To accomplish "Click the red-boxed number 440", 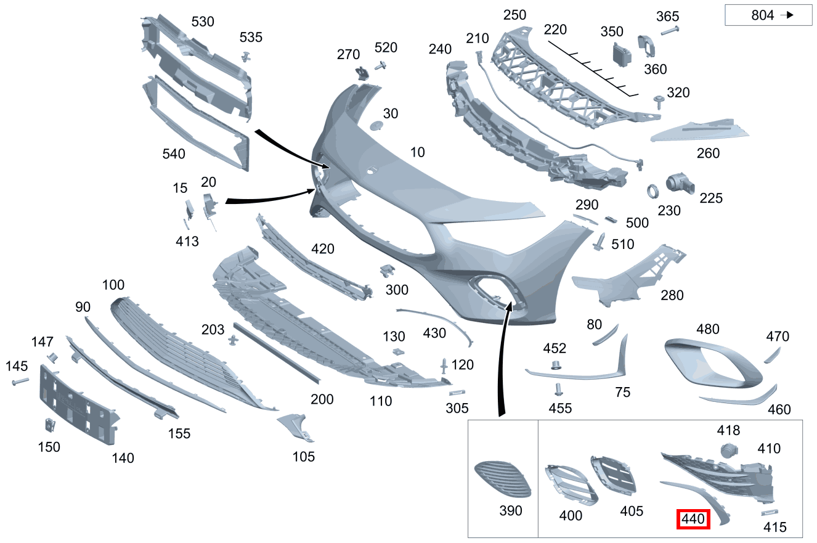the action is point(693,519).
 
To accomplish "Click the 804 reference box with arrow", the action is point(768,15).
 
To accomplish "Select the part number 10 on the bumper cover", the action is point(418,152).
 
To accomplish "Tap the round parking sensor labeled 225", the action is point(680,184).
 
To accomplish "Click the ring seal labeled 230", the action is point(652,191).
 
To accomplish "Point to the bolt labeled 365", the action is point(670,31).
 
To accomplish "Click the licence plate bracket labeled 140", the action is point(78,405).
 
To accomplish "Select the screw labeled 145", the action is point(20,382).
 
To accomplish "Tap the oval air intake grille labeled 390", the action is point(503,478).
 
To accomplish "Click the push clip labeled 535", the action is point(246,57).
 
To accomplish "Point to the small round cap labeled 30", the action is point(376,126).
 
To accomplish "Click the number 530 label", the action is point(203,22).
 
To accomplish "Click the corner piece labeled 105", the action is point(296,427).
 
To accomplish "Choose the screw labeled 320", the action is point(659,102).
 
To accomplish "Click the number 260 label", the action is point(708,153).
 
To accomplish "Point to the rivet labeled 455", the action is point(558,390).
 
